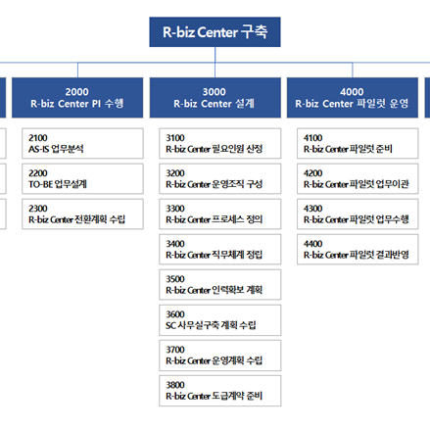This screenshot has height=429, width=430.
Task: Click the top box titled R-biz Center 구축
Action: point(215,32)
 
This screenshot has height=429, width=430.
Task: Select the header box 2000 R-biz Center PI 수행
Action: point(77,98)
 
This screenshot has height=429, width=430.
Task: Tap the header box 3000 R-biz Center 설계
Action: point(215,98)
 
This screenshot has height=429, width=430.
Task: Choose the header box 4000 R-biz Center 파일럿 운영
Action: point(353,98)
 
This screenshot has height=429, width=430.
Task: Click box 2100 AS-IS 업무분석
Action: point(82,143)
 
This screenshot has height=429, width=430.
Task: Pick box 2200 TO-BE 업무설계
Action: point(82,178)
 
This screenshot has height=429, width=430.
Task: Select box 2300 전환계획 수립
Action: point(82,214)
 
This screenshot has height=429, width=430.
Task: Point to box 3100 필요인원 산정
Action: point(220,143)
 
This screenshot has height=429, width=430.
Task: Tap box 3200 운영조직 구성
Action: point(220,178)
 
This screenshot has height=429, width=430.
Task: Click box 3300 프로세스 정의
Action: point(220,214)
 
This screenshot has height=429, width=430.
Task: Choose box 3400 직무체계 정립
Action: point(220,249)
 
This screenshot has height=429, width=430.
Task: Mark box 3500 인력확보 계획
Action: point(220,284)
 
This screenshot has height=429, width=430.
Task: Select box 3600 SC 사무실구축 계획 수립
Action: point(220,320)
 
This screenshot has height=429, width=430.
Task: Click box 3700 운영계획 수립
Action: point(220,356)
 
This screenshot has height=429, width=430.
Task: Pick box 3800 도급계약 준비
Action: point(220,391)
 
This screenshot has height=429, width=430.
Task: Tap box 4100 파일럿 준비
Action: point(358,143)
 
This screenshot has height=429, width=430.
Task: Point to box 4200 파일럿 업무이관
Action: point(358,178)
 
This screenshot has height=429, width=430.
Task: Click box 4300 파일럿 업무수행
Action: point(358,214)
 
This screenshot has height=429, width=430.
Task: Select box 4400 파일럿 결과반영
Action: point(358,249)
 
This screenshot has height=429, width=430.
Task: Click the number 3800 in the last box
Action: point(175,385)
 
